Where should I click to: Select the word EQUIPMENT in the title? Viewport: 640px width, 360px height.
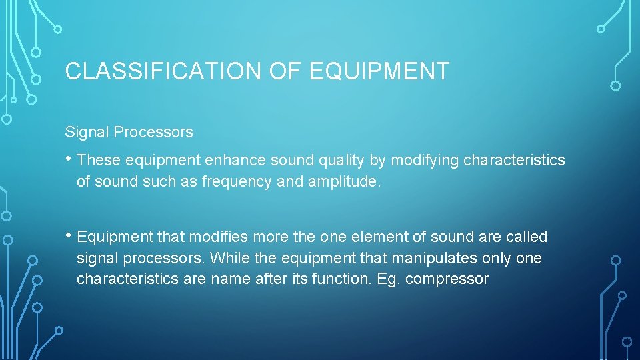pyautogui.click(x=379, y=71)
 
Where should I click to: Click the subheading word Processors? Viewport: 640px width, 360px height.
pyautogui.click(x=153, y=132)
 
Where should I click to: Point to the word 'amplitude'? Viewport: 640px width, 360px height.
pyautogui.click(x=341, y=182)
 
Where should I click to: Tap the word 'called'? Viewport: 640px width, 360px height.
pyautogui.click(x=526, y=237)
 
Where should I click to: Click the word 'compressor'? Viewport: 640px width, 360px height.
pyautogui.click(x=447, y=279)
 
